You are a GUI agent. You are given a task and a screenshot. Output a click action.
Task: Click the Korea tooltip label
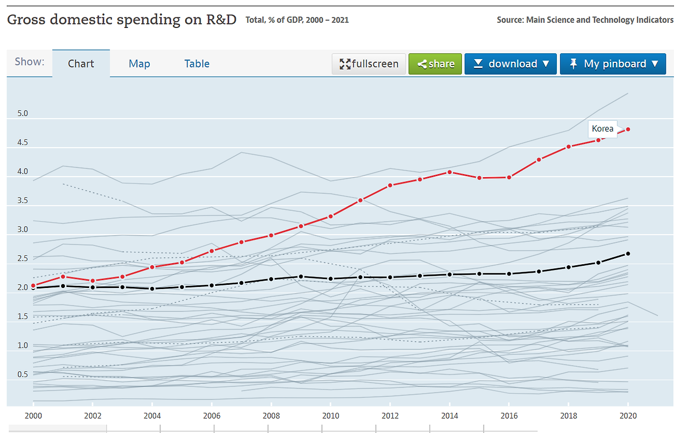point(602,129)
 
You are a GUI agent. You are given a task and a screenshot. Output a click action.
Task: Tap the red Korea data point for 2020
point(628,129)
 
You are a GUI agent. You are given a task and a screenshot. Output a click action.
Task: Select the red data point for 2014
point(450,172)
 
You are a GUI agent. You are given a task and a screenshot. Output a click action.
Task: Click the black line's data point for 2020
point(628,254)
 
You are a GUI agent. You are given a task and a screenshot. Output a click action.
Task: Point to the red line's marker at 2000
point(33,285)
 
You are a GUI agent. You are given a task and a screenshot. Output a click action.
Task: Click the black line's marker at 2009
point(301,276)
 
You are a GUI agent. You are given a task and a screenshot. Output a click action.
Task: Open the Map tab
point(139,64)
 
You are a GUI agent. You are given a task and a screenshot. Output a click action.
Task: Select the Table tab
point(197,64)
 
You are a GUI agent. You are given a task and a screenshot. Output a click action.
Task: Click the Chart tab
point(81,64)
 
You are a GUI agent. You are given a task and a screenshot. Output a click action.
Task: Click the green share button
point(435,64)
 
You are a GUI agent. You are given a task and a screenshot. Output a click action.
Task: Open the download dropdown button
point(510,64)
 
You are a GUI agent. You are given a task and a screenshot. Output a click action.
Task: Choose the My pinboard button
point(613,64)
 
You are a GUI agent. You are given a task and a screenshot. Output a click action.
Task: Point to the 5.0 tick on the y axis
point(22,113)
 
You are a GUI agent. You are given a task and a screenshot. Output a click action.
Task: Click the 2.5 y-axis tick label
point(22,258)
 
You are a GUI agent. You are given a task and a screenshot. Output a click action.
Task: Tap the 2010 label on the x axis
point(331,416)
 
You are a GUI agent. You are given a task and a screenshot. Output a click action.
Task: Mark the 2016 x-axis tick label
point(509,416)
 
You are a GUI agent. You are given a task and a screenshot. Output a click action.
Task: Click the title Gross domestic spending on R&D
point(121,20)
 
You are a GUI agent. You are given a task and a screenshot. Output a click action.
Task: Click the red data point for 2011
point(360,200)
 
